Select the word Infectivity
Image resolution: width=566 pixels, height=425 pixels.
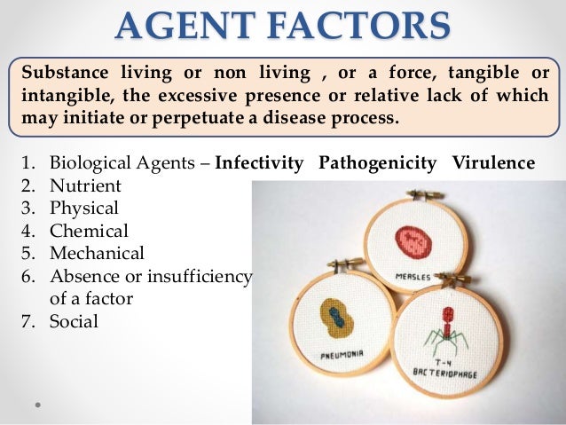point(260,163)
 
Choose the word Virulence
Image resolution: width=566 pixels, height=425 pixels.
point(493,163)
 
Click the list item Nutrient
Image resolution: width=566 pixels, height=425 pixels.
point(85,186)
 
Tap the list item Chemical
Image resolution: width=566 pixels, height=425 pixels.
point(89,231)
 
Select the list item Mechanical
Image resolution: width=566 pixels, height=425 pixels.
point(96,254)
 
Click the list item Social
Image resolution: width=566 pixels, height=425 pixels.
point(74,321)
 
